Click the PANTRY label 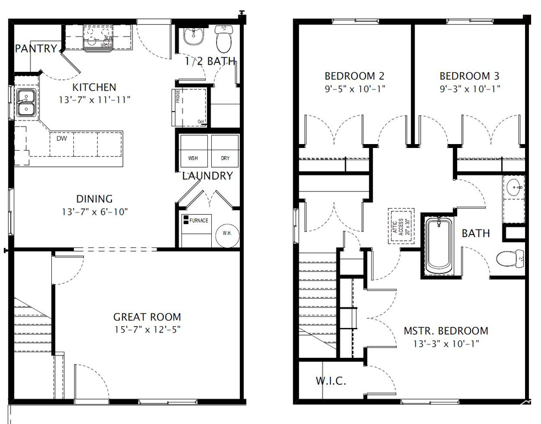tap(36, 49)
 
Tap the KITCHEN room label tap(94, 87)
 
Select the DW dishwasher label tap(62, 139)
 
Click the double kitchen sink tap(25, 103)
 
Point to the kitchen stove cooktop tap(98, 39)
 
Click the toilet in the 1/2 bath tap(224, 40)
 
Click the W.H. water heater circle tap(227, 233)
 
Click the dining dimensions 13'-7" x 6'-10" tap(94, 211)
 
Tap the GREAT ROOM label tap(147, 317)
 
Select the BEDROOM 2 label tap(354, 76)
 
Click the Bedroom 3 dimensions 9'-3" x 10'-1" tap(469, 88)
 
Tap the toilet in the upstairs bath tap(510, 258)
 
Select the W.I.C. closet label tap(331, 381)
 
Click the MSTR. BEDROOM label tap(446, 331)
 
